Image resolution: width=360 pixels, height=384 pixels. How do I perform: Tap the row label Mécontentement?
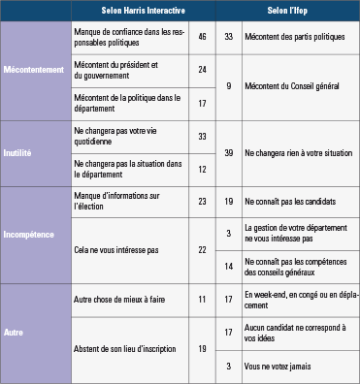click(x=35, y=71)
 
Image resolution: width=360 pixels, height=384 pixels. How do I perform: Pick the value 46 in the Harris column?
click(x=203, y=36)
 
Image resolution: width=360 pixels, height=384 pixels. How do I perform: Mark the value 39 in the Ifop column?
click(x=229, y=153)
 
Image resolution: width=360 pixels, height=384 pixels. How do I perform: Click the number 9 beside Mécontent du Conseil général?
click(x=229, y=85)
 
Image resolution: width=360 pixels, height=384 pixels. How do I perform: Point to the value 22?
click(x=203, y=249)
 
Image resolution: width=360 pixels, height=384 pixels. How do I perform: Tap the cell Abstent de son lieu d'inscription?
click(x=126, y=345)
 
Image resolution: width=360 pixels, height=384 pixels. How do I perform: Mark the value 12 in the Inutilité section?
click(x=203, y=169)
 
